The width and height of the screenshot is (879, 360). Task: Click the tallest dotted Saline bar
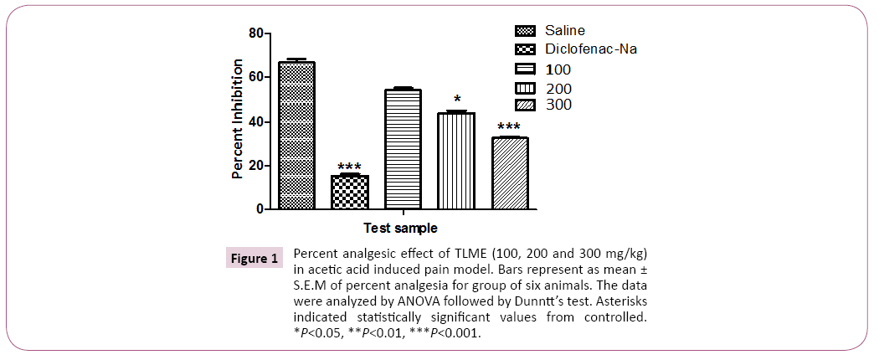[x=296, y=135]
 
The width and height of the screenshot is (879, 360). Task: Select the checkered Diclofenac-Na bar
[x=350, y=192]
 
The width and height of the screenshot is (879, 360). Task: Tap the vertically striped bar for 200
[x=455, y=161]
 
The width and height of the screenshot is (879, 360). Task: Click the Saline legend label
[x=565, y=31]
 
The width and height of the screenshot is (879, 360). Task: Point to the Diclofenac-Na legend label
[x=591, y=49]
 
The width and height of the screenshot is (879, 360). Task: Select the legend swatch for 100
[x=530, y=69]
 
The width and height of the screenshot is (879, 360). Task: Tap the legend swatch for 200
[x=530, y=88]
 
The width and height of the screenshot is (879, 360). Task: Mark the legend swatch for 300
[x=530, y=105]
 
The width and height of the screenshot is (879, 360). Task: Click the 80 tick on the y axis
[x=254, y=33]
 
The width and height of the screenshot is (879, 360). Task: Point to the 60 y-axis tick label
[x=254, y=77]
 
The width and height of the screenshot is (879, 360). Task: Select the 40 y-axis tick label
[x=254, y=121]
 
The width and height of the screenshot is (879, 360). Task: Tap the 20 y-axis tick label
[x=254, y=165]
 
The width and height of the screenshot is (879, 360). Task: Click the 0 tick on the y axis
[x=259, y=208]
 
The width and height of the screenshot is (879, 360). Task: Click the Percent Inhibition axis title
[x=238, y=119]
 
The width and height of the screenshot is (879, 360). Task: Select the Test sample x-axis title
[x=400, y=228]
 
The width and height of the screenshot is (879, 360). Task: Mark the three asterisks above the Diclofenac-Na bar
[x=349, y=167]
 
